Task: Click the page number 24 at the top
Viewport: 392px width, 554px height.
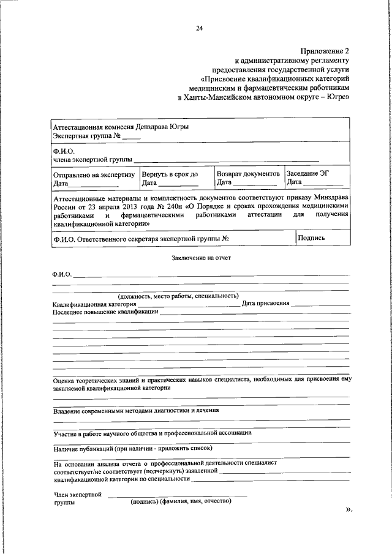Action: pos(199,28)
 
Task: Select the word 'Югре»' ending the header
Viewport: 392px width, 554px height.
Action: pos(337,97)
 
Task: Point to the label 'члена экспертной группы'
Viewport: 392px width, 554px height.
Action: pos(92,160)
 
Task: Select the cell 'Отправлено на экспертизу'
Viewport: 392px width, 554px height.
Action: pos(94,174)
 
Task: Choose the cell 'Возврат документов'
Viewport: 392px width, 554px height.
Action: pos(248,174)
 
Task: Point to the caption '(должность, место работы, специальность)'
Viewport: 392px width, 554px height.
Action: pos(174,295)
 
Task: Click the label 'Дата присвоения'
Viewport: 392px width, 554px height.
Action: pos(265,303)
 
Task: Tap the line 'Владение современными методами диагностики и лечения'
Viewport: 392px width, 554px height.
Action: pos(136,410)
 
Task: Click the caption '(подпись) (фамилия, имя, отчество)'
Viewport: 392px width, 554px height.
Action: pos(180,501)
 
